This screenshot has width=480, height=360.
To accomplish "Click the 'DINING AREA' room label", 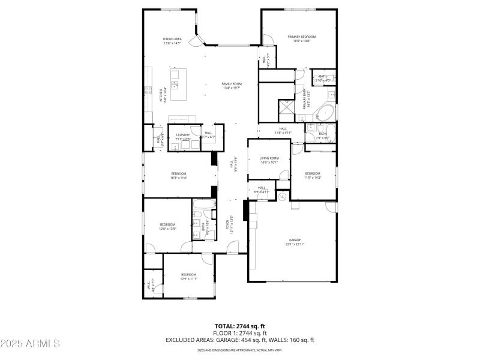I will tap(172, 39).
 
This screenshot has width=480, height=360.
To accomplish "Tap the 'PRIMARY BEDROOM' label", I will tap(301, 37).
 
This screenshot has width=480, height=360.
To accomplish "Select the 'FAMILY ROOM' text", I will tap(231, 83).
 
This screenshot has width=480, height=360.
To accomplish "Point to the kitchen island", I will tap(178, 85).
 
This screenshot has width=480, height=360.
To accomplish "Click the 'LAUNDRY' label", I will tap(182, 135).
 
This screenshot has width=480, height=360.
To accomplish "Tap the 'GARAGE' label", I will tap(295, 240).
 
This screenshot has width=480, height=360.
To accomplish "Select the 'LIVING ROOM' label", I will tap(269, 158).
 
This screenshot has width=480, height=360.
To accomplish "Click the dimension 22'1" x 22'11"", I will tap(295, 244).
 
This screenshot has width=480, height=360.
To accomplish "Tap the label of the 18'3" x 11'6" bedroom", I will tap(179, 174).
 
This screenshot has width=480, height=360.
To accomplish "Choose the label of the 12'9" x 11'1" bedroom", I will tap(189, 275).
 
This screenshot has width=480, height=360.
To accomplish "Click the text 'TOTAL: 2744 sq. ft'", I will tap(240, 326).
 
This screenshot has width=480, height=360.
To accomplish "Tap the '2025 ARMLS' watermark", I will tap(30, 343).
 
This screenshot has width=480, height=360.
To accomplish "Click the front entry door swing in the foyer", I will tap(233, 247).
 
